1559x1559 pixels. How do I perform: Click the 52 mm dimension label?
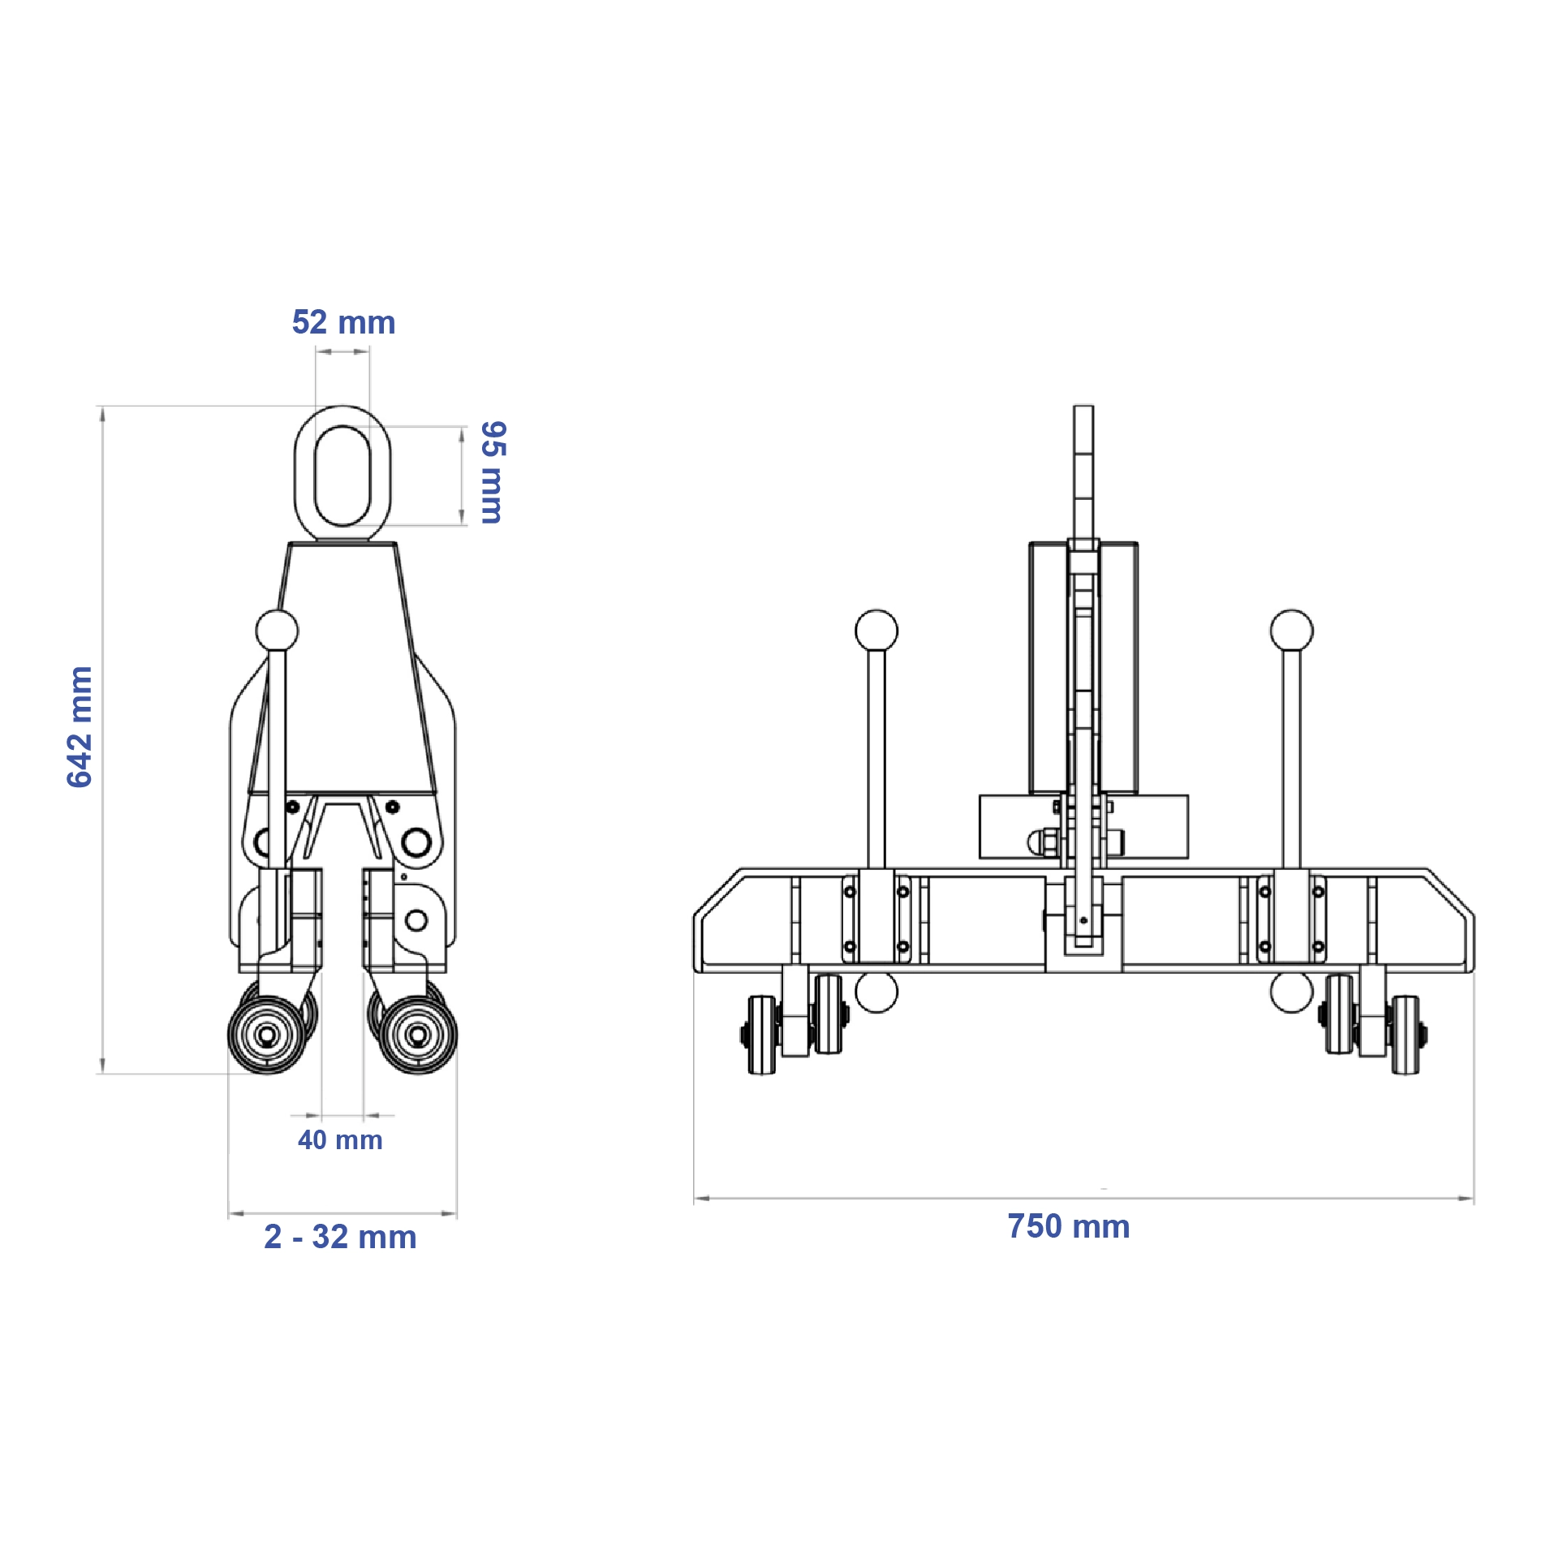343,323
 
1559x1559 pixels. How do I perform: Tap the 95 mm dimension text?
493,472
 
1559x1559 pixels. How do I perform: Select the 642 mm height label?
80,726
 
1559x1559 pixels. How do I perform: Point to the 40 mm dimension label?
340,1140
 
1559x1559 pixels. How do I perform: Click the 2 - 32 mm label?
340,1238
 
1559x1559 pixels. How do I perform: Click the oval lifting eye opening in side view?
342,476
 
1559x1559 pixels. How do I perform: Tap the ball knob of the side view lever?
277,630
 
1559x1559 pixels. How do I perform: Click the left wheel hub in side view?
266,1035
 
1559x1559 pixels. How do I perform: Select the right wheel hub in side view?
418,1035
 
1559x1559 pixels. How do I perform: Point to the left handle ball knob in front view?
876,631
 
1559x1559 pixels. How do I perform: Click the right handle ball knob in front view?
1291,631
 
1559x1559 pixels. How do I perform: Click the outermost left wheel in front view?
762,1035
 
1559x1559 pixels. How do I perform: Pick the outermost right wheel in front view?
1405,1035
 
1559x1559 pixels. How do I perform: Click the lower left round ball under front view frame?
876,992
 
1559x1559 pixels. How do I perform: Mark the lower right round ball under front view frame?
1291,992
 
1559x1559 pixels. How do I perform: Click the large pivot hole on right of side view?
416,842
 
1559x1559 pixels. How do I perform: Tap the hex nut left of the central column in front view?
1040,842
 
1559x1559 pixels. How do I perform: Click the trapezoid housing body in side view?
342,674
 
